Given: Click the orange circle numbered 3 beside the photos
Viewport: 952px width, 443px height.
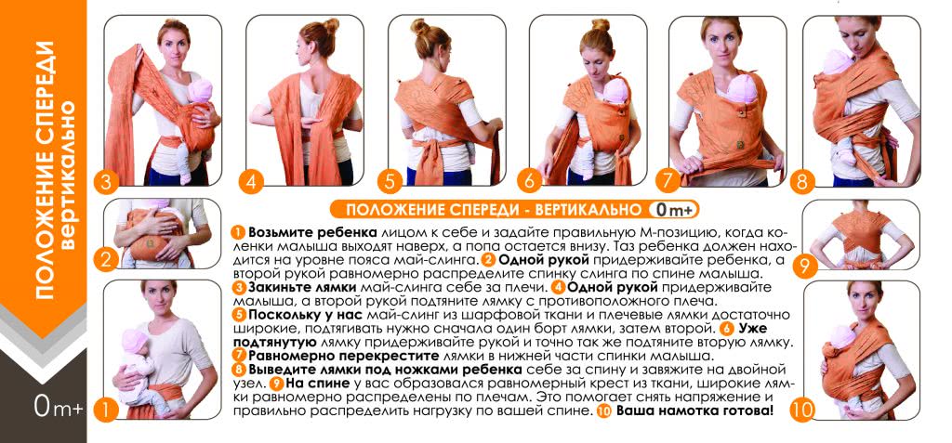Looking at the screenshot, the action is tap(107, 182).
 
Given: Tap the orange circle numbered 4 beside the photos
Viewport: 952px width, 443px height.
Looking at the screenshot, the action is tap(249, 182).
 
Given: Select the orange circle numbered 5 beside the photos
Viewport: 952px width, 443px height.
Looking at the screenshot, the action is tap(390, 182).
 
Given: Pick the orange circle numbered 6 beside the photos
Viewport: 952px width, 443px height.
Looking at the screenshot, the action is tap(529, 182).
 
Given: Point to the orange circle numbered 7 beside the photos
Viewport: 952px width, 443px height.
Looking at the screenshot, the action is tap(668, 181).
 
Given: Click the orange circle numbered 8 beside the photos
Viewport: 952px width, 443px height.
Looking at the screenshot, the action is tap(802, 181).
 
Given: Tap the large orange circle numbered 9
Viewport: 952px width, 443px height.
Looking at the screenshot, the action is tap(805, 267).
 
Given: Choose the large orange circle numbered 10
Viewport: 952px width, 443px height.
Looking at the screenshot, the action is tap(802, 410).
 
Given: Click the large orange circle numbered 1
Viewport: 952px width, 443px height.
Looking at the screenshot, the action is tap(106, 410).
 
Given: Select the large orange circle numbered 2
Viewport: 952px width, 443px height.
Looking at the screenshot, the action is tap(106, 260).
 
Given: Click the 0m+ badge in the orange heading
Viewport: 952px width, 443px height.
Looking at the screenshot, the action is tap(673, 210).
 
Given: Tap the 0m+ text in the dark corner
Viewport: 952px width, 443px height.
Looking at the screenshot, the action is tap(59, 407).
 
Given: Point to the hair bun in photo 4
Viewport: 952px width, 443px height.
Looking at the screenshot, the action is tap(331, 26).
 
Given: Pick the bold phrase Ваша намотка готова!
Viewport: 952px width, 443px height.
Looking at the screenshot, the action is tap(695, 410).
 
